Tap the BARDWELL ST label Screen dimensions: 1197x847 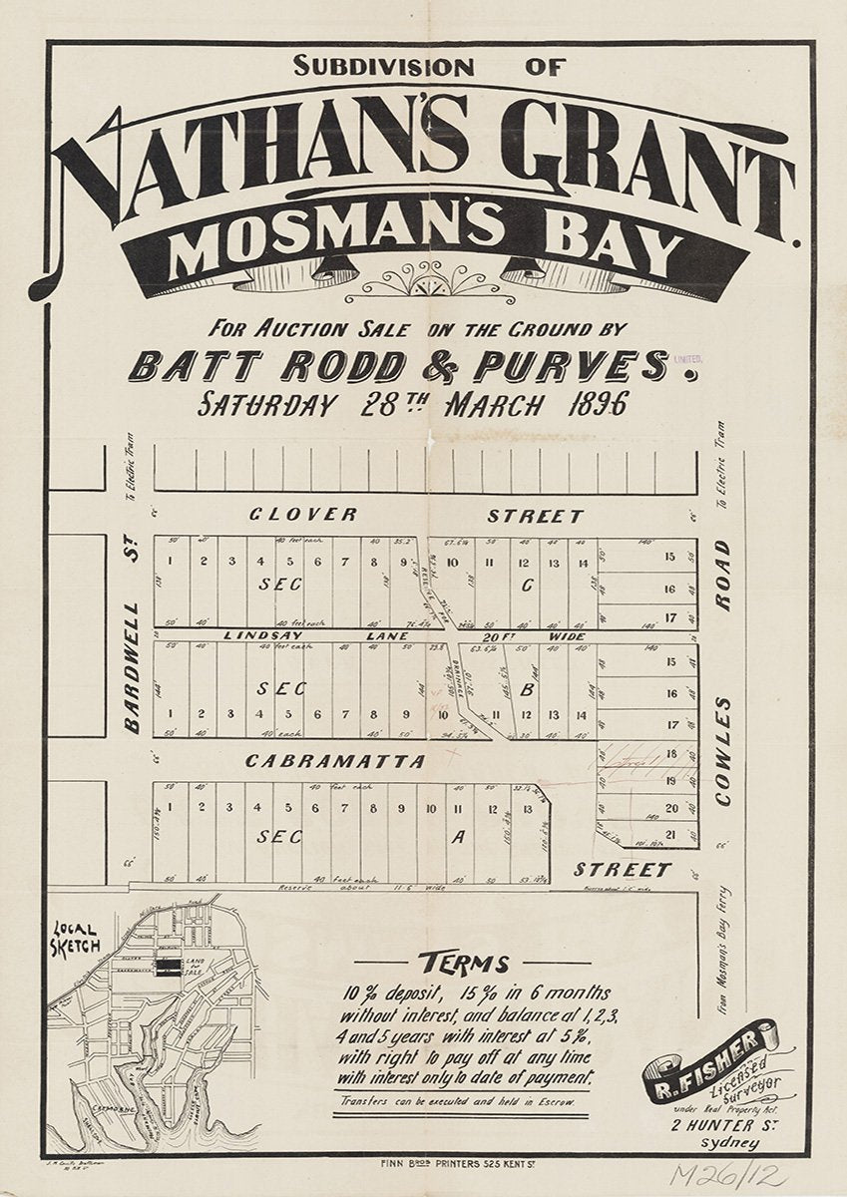(x=133, y=633)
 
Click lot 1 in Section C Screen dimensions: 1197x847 (x=171, y=560)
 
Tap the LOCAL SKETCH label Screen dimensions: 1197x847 (x=76, y=940)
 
